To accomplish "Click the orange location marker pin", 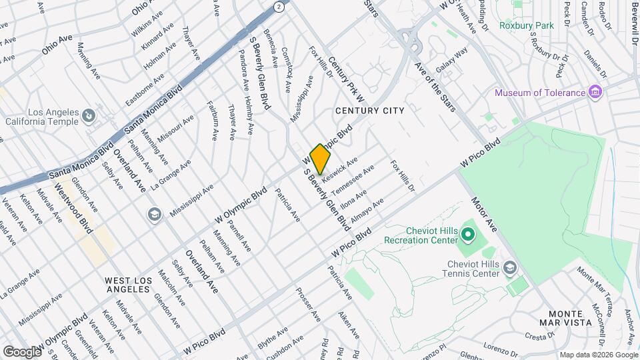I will (x=321, y=159).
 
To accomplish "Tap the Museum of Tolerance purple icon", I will (x=596, y=92).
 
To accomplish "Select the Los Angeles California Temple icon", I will (x=87, y=117).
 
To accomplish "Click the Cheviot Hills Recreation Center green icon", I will (x=467, y=234).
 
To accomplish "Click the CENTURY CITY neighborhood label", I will (x=369, y=111).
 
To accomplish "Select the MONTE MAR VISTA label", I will (x=570, y=318).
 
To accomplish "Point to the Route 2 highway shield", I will (x=278, y=6).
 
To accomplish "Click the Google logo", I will (x=22, y=351).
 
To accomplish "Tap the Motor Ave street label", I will (x=485, y=213).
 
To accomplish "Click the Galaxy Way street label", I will (x=452, y=61).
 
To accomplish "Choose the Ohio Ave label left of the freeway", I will (x=57, y=43).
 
